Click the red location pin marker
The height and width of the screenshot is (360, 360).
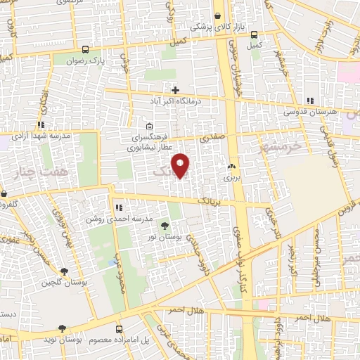[x=181, y=166]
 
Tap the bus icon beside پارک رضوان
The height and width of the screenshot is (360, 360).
[x=85, y=49]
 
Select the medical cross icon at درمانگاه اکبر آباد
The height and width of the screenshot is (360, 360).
[x=175, y=90]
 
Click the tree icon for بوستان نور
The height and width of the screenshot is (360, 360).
[x=165, y=226]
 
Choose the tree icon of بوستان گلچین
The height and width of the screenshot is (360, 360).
[x=65, y=271]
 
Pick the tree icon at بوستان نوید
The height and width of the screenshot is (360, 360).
[x=63, y=328]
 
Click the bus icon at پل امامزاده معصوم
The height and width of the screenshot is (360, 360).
[x=118, y=328]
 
